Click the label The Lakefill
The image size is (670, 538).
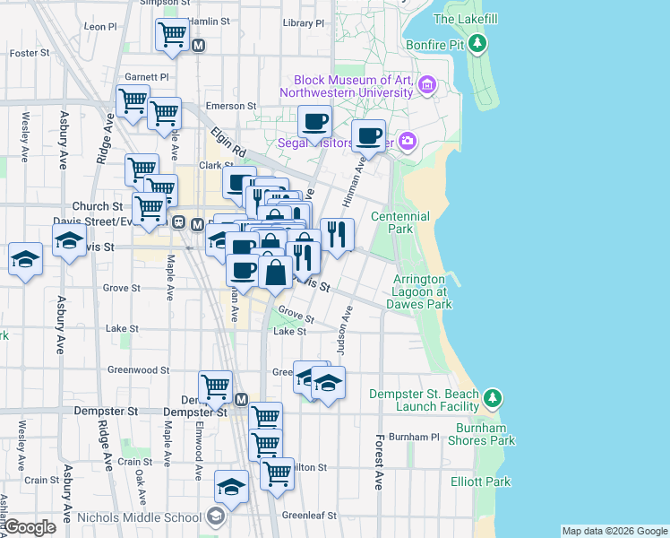click(465, 19)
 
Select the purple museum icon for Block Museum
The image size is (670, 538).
click(426, 86)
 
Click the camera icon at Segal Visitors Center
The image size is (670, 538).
click(408, 141)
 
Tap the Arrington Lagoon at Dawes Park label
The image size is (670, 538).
click(419, 292)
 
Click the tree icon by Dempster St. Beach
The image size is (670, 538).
click(491, 396)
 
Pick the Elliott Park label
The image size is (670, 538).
click(481, 482)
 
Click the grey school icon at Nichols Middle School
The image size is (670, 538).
click(214, 516)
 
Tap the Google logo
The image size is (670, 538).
click(30, 527)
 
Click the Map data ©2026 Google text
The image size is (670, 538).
click(614, 531)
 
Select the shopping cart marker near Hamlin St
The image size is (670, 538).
click(171, 35)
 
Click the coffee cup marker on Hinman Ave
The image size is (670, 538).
click(368, 135)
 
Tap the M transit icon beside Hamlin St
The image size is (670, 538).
click(199, 44)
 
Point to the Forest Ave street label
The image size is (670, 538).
click(380, 462)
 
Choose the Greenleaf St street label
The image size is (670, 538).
click(309, 516)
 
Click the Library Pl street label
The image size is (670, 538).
click(302, 23)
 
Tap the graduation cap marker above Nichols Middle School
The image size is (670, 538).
click(232, 487)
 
